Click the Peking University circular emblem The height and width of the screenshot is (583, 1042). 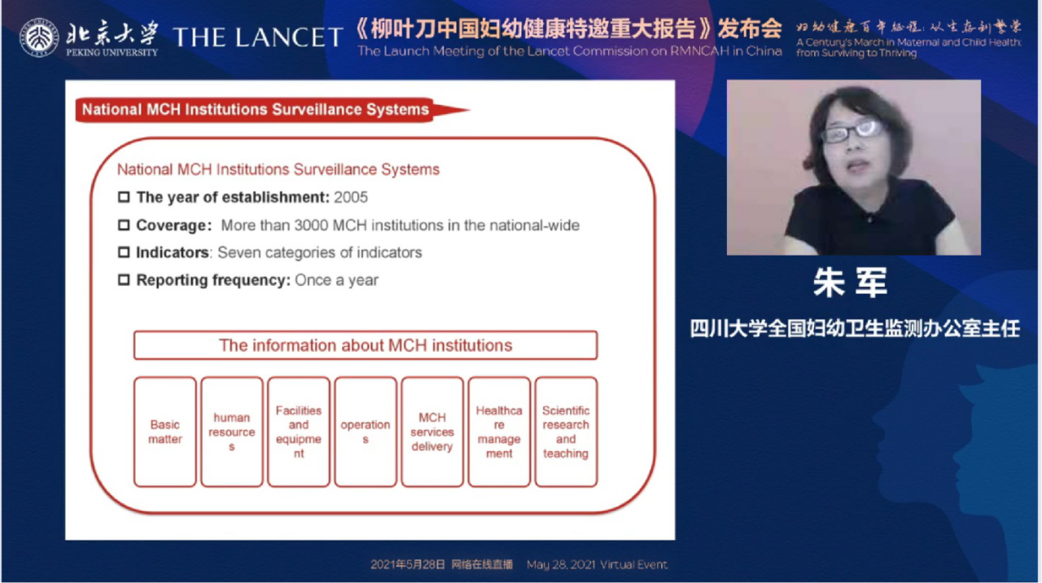coord(39,37)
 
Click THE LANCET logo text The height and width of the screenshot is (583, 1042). coord(258,37)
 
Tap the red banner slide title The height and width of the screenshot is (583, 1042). coord(256,110)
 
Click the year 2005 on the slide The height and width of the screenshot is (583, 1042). coord(350,197)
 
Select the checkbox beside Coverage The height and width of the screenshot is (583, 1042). coord(124,225)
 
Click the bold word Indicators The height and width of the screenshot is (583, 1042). coord(173,252)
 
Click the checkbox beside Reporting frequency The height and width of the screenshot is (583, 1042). coord(124,280)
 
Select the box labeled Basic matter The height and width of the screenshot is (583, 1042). coord(165,432)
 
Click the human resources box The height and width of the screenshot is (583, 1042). coord(232,432)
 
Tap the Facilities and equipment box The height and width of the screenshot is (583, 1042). coord(299,432)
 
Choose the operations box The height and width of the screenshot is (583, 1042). coord(366,432)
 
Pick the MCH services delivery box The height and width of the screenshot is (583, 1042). coord(432,432)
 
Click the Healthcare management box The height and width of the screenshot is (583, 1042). coord(499,432)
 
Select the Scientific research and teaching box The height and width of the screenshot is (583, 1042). coord(566,432)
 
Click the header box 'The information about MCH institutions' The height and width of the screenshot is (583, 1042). coord(366,345)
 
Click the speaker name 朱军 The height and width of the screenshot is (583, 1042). coord(850,283)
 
